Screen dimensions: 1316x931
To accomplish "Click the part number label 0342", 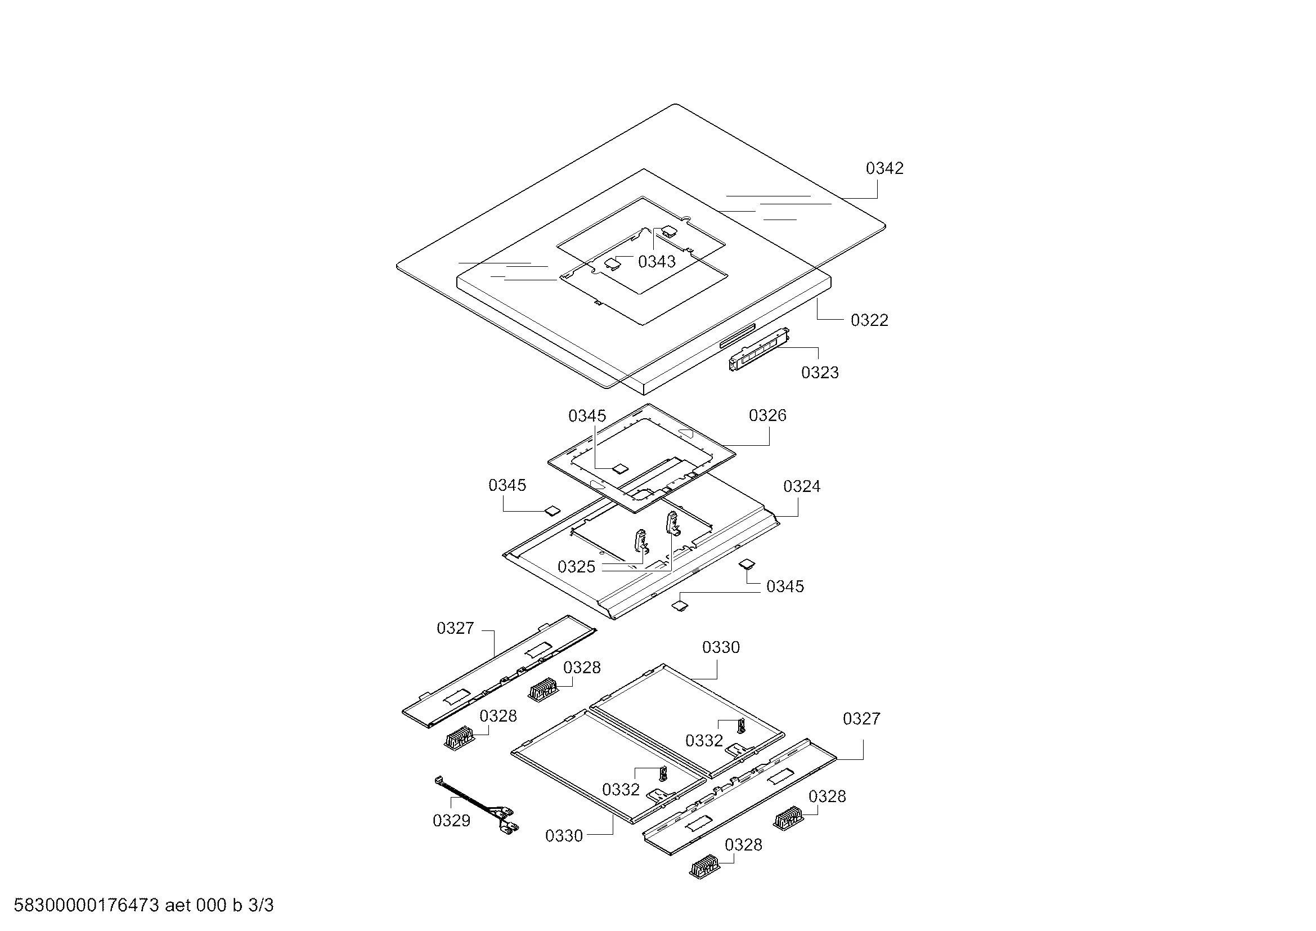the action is pos(884,168).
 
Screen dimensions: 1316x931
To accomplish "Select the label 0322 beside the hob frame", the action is pos(869,320).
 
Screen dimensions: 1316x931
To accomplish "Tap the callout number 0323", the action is pos(820,373).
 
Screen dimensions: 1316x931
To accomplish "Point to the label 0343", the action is pos(657,261).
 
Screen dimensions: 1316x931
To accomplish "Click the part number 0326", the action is pos(767,415).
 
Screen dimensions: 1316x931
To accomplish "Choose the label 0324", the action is pos(802,486).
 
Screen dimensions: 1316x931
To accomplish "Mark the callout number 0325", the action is pos(577,567).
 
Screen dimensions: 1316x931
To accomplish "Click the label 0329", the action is pos(452,820).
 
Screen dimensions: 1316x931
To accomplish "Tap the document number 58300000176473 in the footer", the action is pos(86,905).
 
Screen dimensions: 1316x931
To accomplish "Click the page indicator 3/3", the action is pos(261,905).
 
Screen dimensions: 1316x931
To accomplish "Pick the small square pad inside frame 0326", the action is pos(619,468).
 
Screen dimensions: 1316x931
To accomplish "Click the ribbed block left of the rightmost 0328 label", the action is pos(791,818).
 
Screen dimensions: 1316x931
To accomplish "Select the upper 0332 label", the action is pos(704,741).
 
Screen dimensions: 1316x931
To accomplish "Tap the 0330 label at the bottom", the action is pos(564,836).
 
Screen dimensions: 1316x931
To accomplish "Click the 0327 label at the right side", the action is pos(861,719).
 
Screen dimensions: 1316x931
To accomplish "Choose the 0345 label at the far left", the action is pos(507,485).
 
